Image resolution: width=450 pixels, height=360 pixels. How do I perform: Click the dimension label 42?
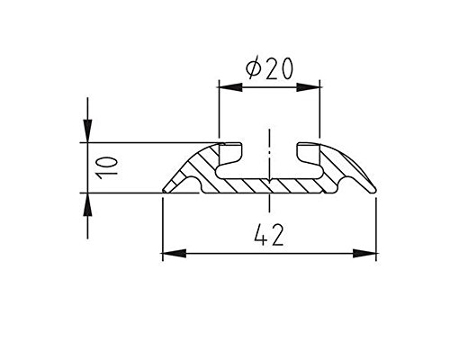(268, 235)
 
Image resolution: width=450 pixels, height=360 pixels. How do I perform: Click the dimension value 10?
(106, 167)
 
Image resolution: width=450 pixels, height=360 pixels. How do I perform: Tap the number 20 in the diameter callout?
(279, 68)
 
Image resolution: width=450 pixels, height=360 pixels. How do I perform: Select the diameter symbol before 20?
(253, 69)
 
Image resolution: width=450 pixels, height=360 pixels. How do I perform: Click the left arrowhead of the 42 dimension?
(174, 253)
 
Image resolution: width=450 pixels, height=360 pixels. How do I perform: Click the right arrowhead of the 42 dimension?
(364, 253)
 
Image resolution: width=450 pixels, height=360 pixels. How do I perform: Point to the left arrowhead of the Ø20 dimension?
(230, 87)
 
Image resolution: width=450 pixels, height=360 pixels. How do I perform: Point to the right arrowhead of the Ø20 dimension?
(309, 87)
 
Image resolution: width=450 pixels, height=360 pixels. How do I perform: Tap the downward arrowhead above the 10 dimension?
(87, 130)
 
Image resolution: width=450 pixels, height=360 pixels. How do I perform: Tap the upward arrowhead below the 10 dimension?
(87, 204)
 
